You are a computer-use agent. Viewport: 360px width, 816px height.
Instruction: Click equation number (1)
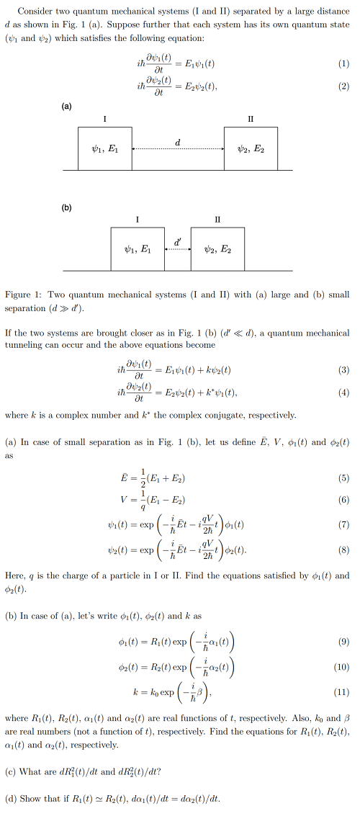click(x=343, y=63)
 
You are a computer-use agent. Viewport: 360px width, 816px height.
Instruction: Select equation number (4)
click(x=343, y=393)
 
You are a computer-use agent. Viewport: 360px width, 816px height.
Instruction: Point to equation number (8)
click(x=343, y=553)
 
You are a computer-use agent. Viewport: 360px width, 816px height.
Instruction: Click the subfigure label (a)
click(x=66, y=107)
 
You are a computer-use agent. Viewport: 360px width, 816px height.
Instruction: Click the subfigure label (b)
click(x=66, y=208)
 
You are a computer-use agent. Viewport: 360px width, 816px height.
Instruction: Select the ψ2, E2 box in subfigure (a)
click(x=251, y=148)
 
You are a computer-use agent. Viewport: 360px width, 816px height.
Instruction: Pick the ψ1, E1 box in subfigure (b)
click(x=138, y=249)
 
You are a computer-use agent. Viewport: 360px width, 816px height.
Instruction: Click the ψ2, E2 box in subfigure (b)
click(x=217, y=249)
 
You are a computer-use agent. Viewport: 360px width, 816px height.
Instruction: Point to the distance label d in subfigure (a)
click(x=178, y=142)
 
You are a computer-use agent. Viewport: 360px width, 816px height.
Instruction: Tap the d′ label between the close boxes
click(x=178, y=241)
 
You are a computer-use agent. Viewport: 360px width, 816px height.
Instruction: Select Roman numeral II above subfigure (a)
click(x=251, y=118)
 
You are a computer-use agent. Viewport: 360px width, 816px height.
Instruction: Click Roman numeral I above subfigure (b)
click(x=138, y=219)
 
